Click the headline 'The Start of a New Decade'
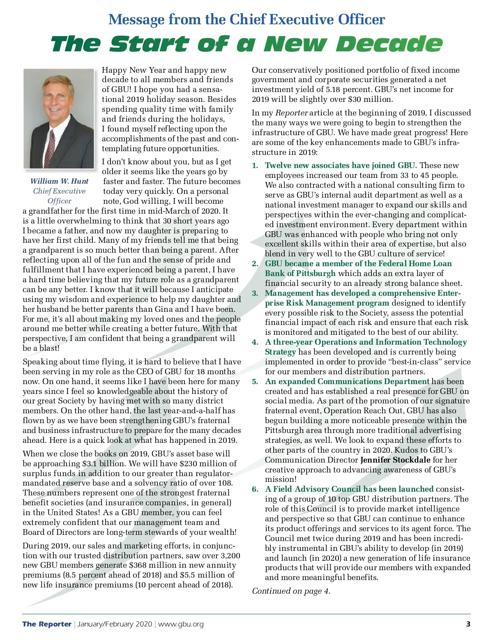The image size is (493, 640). pyautogui.click(x=246, y=44)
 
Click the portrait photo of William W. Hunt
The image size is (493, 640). pyautogui.click(x=59, y=119)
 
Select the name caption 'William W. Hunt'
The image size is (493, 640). pyautogui.click(x=59, y=181)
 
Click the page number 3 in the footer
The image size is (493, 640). pyautogui.click(x=468, y=624)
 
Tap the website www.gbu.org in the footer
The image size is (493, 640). pyautogui.click(x=181, y=624)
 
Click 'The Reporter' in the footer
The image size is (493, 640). pyautogui.click(x=47, y=624)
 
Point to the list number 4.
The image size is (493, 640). pyautogui.click(x=255, y=342)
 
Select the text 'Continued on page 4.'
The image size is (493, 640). pyautogui.click(x=291, y=591)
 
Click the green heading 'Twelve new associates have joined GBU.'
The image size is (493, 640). pyautogui.click(x=341, y=165)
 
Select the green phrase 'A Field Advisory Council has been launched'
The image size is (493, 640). pyautogui.click(x=349, y=489)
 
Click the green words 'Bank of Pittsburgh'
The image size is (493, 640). pyautogui.click(x=300, y=273)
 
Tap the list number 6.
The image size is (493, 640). pyautogui.click(x=255, y=489)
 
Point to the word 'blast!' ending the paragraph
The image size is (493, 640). pyautogui.click(x=49, y=348)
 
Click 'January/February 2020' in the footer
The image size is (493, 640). pyautogui.click(x=115, y=624)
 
